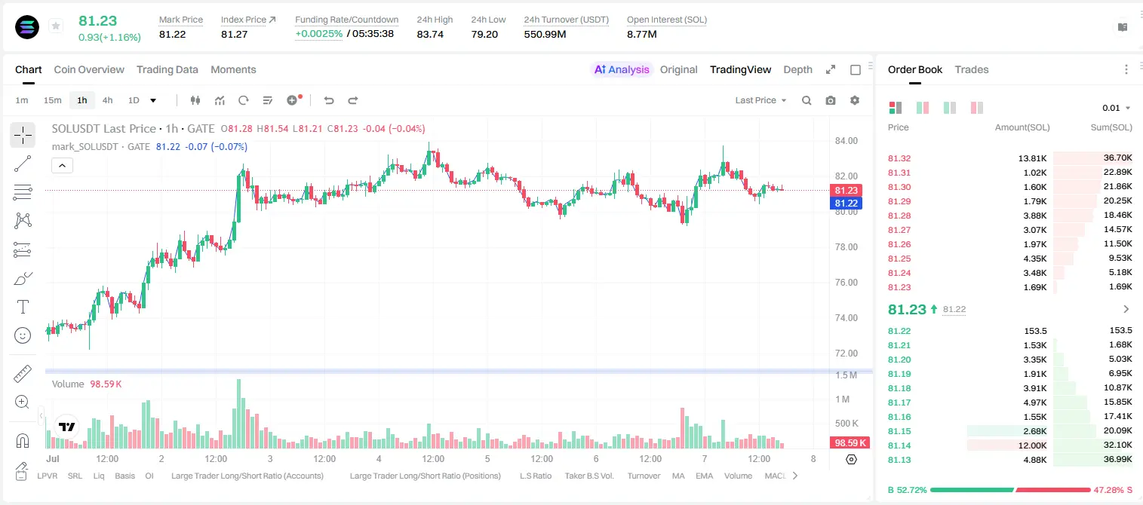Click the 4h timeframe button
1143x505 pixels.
pos(107,100)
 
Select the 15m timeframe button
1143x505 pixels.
pos(52,100)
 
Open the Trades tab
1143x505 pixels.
pos(972,69)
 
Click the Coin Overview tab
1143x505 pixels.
pos(89,69)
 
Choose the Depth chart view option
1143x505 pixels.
pos(797,69)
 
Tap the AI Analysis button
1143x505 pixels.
pos(622,69)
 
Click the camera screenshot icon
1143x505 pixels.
pos(831,100)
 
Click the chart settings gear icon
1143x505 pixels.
pos(855,100)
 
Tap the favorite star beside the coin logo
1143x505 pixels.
pos(56,26)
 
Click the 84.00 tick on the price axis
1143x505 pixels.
pos(846,141)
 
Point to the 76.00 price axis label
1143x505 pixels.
pos(846,283)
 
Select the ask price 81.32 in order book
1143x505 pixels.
pos(899,158)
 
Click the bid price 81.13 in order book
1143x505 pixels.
pos(899,460)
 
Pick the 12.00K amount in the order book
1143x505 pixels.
pos(1032,445)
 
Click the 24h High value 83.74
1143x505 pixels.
pos(430,34)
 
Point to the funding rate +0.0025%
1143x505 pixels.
pos(319,34)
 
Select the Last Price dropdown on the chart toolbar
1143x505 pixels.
pos(760,100)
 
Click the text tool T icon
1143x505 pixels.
pos(23,307)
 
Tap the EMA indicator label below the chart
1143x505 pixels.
pos(704,476)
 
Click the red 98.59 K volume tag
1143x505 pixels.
pos(850,443)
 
